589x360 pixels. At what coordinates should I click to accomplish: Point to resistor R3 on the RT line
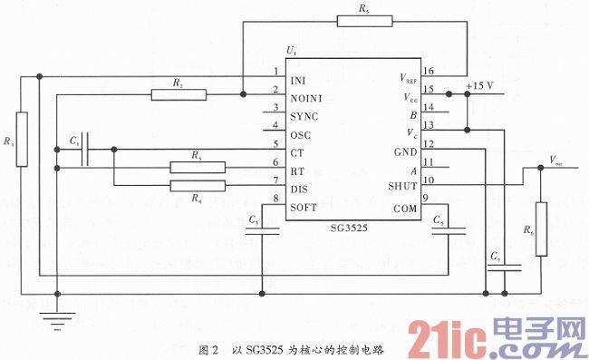pyautogui.click(x=197, y=166)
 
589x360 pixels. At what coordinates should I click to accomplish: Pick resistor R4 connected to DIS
pyautogui.click(x=197, y=187)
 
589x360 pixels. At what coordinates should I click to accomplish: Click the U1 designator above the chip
pyautogui.click(x=290, y=49)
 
